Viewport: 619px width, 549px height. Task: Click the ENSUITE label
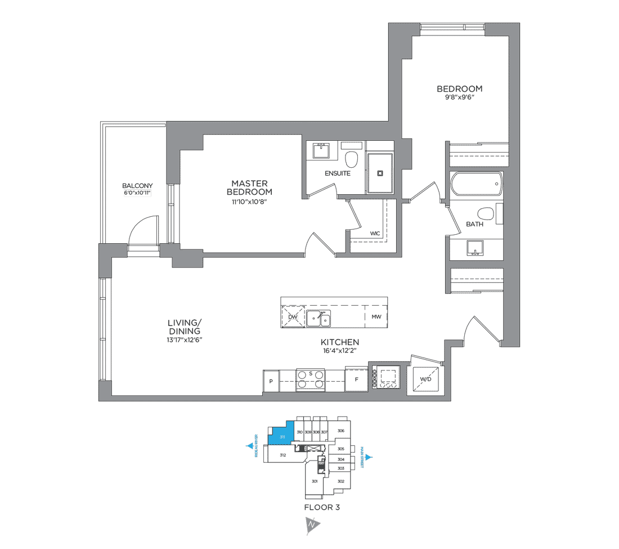(337, 173)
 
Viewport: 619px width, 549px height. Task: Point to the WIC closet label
(375, 233)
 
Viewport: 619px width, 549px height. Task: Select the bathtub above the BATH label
(476, 185)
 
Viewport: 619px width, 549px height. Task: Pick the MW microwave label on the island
(376, 317)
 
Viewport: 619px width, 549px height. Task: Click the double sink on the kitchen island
(319, 318)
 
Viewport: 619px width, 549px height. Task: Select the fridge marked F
(356, 380)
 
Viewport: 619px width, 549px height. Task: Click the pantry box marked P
(271, 381)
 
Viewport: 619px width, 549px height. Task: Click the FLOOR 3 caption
(322, 507)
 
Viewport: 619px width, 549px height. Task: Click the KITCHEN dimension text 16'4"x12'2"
(339, 351)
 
